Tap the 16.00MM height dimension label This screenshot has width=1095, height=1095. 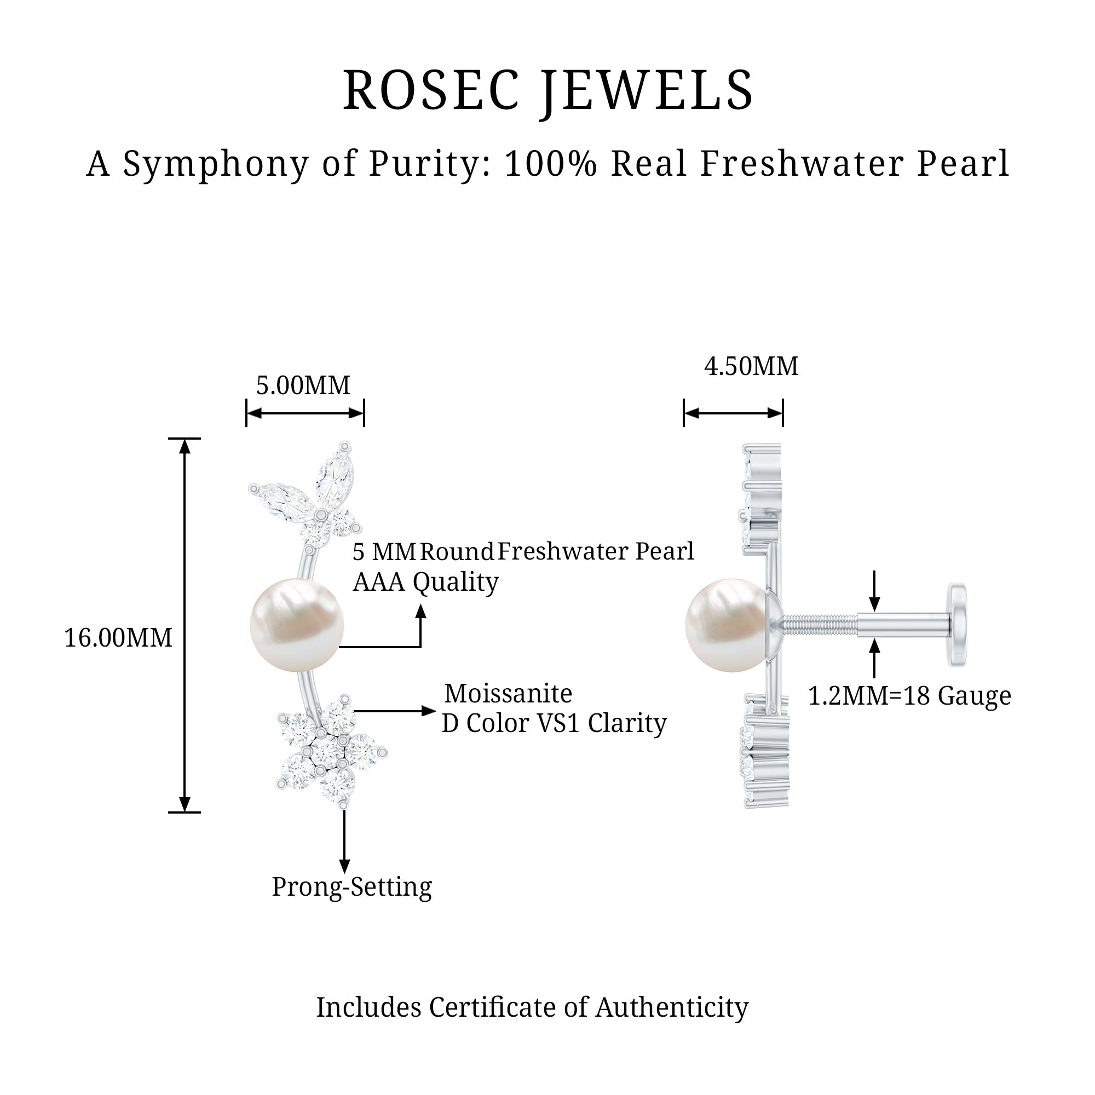[118, 638]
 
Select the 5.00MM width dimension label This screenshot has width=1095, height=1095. [303, 386]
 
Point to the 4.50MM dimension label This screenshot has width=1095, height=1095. [751, 367]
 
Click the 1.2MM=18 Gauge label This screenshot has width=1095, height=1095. [909, 696]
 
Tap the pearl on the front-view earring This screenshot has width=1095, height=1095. [296, 625]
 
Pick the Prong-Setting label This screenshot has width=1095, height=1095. [351, 887]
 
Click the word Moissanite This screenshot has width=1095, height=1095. [508, 693]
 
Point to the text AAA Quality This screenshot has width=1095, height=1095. [425, 582]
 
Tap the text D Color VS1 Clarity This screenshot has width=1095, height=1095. [554, 723]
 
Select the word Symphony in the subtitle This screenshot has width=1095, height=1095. [216, 164]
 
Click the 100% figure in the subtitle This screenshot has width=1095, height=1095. [550, 164]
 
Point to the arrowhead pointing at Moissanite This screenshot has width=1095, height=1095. [429, 711]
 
